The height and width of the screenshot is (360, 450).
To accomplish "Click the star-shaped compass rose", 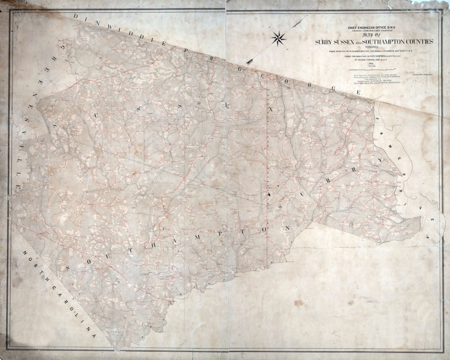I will [x=278, y=39].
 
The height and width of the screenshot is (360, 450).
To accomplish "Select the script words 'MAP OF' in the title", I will [x=374, y=35].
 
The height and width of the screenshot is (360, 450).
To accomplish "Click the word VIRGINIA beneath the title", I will [x=374, y=47].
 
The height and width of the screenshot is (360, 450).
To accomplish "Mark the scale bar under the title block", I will [x=374, y=68].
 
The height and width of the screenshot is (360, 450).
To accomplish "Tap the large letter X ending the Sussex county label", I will [x=270, y=109].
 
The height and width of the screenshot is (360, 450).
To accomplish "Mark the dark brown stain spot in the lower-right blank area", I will [x=299, y=303].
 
